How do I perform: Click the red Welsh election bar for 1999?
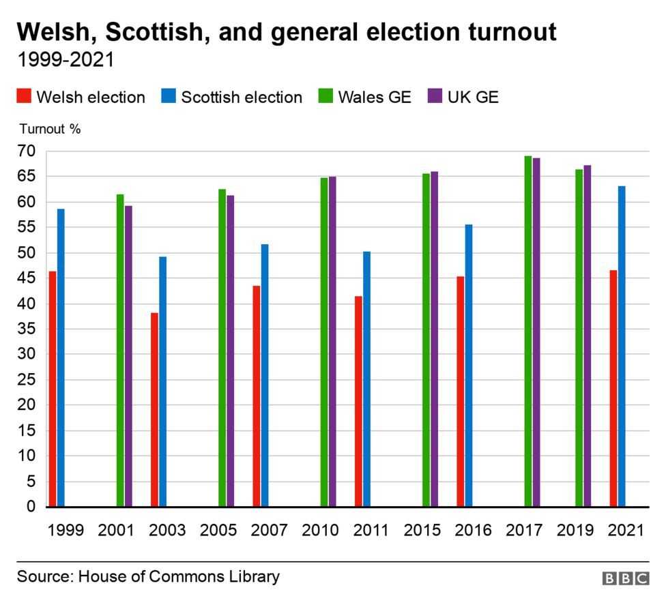click(x=52, y=389)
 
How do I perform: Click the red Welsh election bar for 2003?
click(x=154, y=409)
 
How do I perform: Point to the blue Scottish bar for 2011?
click(x=367, y=379)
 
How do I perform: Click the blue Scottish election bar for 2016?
click(x=469, y=366)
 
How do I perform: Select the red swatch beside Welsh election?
click(x=24, y=97)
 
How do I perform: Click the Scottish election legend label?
click(x=242, y=97)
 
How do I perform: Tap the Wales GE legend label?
click(x=375, y=97)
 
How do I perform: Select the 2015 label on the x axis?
click(x=422, y=531)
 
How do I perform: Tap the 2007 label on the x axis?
click(x=269, y=531)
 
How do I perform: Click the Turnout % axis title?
click(x=50, y=129)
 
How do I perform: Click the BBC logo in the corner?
click(x=626, y=578)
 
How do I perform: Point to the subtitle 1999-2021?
click(x=66, y=60)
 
